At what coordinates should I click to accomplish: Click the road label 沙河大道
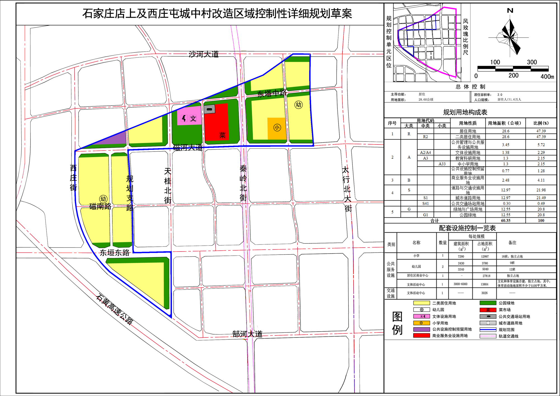click(204, 54)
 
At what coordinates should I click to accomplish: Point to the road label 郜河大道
click(248, 334)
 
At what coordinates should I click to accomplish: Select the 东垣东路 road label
click(115, 253)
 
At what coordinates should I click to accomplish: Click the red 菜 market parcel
click(216, 122)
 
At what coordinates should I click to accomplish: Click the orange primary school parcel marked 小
click(277, 128)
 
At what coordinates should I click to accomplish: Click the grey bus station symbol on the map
click(209, 109)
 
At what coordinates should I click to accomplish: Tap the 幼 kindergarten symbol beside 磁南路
click(103, 199)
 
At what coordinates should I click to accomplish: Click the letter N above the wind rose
click(510, 11)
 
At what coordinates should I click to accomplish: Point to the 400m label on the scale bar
click(547, 76)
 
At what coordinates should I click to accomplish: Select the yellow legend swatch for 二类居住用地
click(421, 303)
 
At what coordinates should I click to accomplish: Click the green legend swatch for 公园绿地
click(488, 303)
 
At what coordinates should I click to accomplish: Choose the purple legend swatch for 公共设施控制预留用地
click(421, 329)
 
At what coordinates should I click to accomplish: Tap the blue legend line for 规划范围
click(488, 330)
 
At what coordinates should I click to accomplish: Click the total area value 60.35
click(506, 220)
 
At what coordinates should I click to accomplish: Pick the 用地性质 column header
click(468, 123)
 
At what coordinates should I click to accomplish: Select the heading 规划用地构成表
click(465, 112)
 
